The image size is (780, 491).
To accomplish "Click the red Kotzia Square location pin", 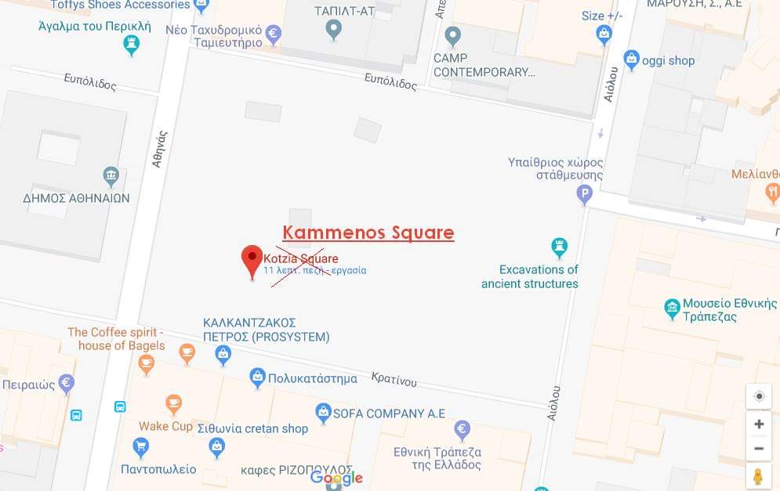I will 252,259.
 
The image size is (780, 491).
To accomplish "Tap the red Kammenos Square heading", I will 368,233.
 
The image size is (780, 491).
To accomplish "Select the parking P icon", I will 584,193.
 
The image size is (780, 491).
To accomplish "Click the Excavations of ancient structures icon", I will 559,247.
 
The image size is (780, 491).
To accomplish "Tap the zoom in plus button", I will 758,424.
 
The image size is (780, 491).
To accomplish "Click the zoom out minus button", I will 758,449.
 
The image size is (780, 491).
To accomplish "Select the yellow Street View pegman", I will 758,476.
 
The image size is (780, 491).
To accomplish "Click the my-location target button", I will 758,396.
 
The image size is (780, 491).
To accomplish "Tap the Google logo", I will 336,477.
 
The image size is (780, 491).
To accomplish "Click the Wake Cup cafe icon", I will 174,404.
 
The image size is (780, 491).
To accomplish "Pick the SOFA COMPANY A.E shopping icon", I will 323,412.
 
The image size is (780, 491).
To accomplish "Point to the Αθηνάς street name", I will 160,149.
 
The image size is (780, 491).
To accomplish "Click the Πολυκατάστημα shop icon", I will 257,377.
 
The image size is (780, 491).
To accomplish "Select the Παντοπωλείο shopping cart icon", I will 141,447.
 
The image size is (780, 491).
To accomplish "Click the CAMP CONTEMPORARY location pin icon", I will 452,36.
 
